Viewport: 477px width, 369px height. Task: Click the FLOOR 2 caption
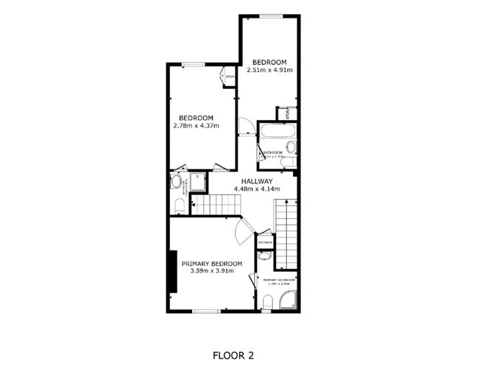tap(233, 355)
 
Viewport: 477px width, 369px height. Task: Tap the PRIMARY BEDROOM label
tap(212, 264)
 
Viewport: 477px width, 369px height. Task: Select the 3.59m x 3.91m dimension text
tap(212, 271)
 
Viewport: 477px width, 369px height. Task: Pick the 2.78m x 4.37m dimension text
tap(197, 126)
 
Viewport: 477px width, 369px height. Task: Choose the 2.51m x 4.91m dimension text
tap(269, 70)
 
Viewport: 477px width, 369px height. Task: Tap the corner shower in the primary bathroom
tap(289, 298)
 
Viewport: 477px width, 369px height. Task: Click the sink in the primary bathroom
tap(264, 257)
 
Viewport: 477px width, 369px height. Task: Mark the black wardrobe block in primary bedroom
tap(172, 271)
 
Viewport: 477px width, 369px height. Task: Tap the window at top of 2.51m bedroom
tap(271, 16)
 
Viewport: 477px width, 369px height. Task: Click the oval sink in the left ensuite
tap(177, 181)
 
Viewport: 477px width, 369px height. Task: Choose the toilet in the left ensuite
tap(179, 204)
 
